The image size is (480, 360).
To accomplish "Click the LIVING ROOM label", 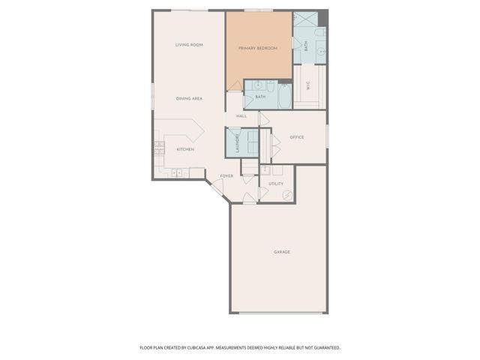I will [189, 45].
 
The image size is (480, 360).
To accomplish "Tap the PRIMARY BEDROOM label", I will [258, 48].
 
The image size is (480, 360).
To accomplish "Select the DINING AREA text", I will [189, 98].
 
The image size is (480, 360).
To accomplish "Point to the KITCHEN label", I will [185, 149].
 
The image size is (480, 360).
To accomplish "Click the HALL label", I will [241, 116].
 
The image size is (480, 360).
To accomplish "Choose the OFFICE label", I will [296, 136].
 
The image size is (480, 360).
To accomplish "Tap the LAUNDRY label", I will [237, 142].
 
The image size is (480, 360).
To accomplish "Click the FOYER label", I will [226, 176].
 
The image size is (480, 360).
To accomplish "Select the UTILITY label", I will [276, 183].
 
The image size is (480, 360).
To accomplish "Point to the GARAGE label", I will [281, 251].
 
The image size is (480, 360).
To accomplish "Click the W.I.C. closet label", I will [308, 86].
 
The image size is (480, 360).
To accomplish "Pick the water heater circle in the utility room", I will [286, 195].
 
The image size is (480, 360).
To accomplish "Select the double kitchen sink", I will [178, 173].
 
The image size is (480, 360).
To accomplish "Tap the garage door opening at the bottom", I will [278, 313].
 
